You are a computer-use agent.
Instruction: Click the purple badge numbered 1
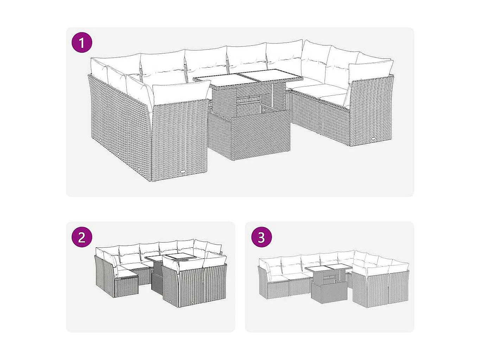[82, 43]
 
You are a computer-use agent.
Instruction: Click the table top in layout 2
[170, 257]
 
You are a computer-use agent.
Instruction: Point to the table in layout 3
[328, 282]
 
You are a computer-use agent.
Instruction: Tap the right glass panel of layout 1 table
[270, 76]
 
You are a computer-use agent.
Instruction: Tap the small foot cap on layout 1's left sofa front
[184, 172]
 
